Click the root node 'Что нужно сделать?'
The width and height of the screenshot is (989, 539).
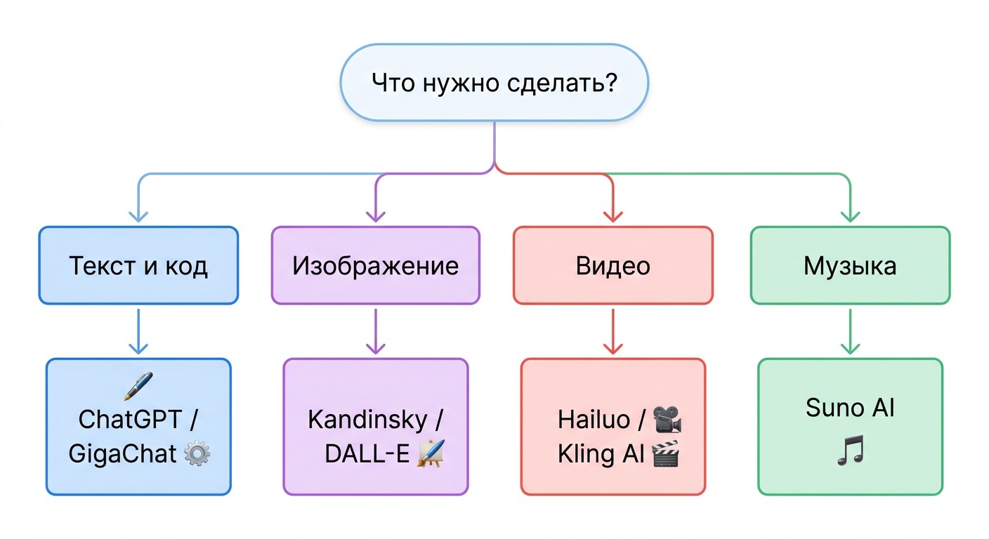click(x=494, y=83)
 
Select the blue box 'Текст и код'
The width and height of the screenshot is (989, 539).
click(x=138, y=265)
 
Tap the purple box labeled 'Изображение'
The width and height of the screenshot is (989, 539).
click(x=376, y=265)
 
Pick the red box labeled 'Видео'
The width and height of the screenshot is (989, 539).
click(x=613, y=265)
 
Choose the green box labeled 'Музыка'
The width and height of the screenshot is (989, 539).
click(x=851, y=265)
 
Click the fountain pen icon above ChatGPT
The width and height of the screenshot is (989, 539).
click(x=138, y=385)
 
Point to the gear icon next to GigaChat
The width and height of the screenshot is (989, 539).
click(x=197, y=454)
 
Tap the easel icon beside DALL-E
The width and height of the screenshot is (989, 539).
click(x=431, y=453)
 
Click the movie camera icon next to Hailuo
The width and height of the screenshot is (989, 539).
click(x=667, y=419)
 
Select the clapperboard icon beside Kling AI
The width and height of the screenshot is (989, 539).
click(x=665, y=453)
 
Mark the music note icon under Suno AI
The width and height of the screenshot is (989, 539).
click(x=851, y=451)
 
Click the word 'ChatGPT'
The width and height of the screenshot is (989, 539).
click(x=130, y=419)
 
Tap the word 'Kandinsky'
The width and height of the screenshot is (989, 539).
click(x=367, y=420)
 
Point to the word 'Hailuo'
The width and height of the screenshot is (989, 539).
click(x=594, y=419)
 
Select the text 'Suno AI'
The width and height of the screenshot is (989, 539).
click(x=851, y=407)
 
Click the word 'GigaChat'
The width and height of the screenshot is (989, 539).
click(x=123, y=454)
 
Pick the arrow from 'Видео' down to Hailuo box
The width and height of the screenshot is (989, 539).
click(x=613, y=331)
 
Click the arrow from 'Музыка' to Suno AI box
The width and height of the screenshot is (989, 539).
click(x=851, y=331)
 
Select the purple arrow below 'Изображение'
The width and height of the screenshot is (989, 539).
click(x=376, y=331)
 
